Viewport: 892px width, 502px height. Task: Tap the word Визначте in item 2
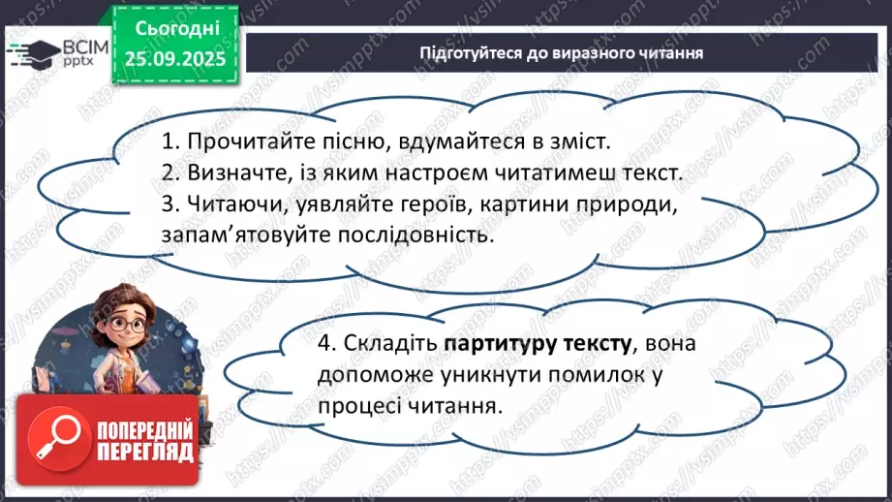click(229, 173)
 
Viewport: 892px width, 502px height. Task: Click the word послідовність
click(413, 236)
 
